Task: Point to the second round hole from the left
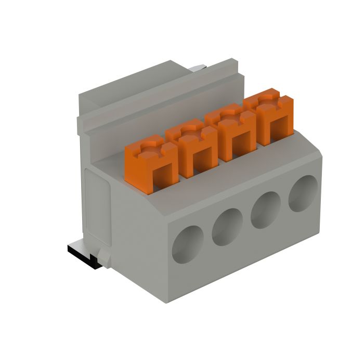227,227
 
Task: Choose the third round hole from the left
266,210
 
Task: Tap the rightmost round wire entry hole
303,193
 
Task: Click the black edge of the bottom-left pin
83,260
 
